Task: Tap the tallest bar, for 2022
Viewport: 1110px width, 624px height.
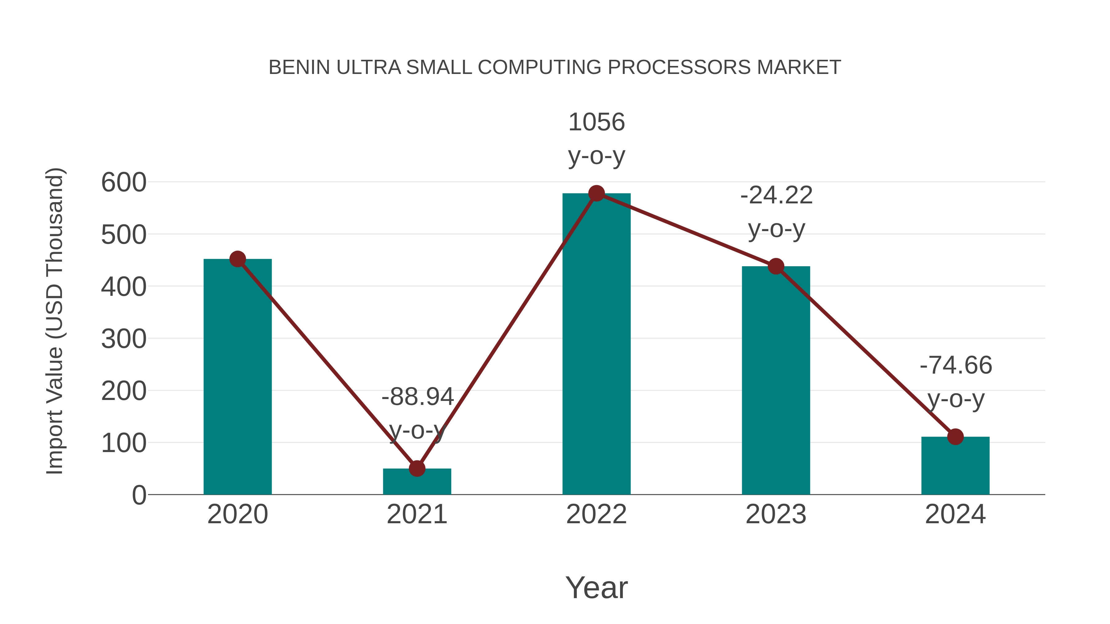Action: (596, 345)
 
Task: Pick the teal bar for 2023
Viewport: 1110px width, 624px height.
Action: (776, 383)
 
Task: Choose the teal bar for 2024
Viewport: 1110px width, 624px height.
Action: (955, 467)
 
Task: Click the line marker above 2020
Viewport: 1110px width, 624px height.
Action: (237, 259)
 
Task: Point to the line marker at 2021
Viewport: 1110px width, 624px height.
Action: (417, 468)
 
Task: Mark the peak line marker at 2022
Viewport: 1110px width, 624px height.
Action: (596, 193)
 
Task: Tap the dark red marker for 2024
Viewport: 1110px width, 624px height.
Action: (955, 437)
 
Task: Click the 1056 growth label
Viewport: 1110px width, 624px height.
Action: (596, 122)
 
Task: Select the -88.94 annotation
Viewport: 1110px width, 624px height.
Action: (417, 397)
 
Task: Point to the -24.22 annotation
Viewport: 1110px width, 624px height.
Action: (776, 195)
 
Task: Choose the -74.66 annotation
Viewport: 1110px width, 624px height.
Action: (956, 365)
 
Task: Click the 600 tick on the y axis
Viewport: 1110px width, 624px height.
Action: (124, 183)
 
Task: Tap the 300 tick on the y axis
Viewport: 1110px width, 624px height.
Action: (124, 339)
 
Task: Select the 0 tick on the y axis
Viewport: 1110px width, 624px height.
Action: (139, 495)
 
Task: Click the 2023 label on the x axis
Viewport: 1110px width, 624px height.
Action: (776, 515)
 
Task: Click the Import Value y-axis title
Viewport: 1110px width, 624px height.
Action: (55, 321)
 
